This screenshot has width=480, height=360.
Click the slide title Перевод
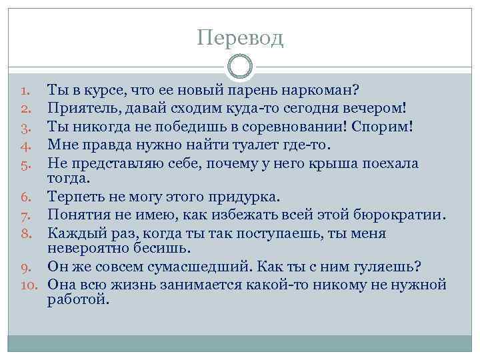[240, 37]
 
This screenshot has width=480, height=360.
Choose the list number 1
[25, 89]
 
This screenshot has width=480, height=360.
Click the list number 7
[25, 215]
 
